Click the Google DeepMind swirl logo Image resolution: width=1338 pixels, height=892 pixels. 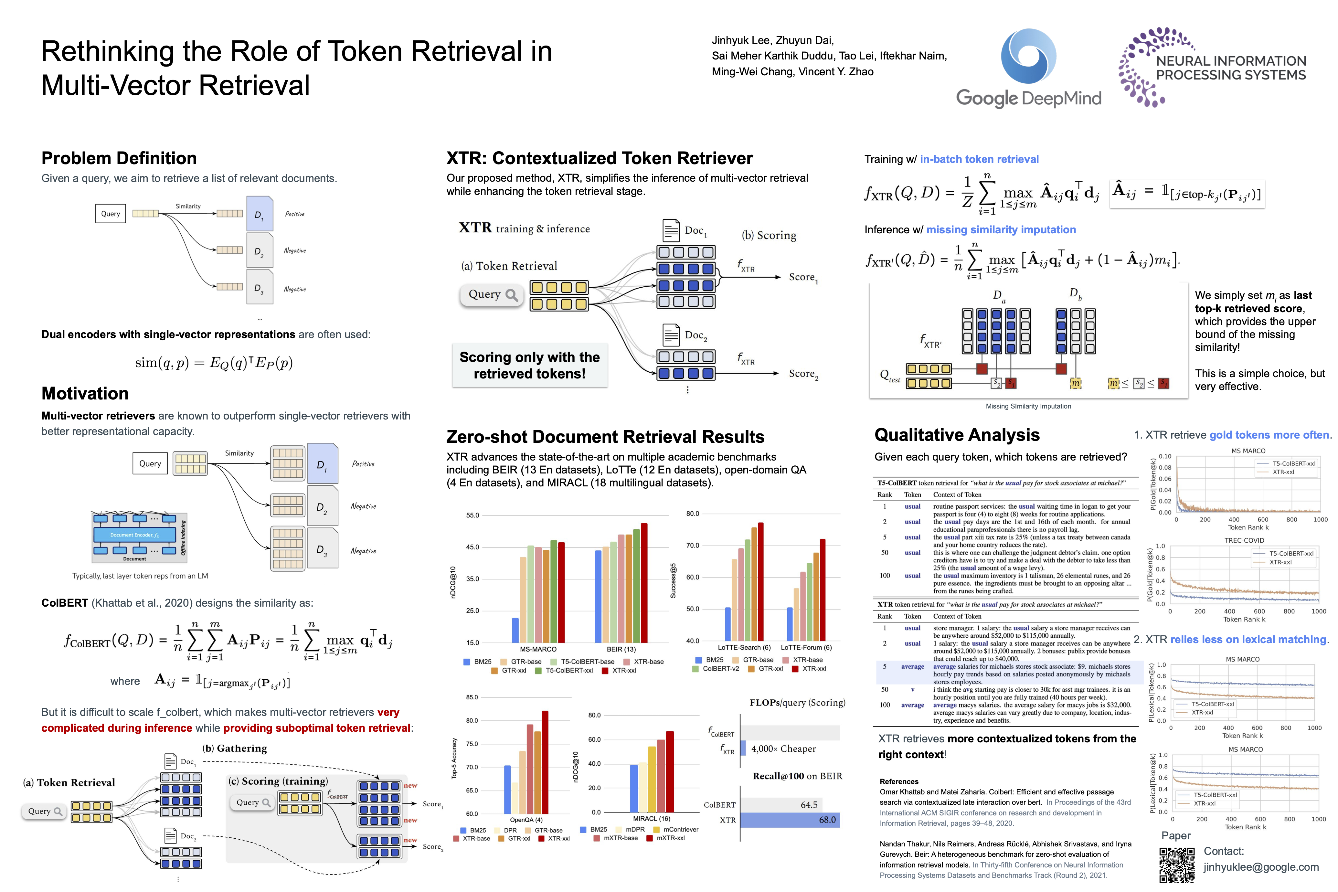(1028, 57)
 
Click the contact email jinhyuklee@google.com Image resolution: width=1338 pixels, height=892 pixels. (1261, 867)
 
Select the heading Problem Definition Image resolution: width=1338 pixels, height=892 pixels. (119, 158)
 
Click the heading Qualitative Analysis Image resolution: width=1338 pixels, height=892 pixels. (957, 435)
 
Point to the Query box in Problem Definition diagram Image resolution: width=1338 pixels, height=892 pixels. (110, 214)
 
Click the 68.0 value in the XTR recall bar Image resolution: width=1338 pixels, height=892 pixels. (827, 820)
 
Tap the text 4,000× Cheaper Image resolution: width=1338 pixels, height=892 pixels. (783, 749)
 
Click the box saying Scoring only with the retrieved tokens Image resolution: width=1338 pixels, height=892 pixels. (530, 365)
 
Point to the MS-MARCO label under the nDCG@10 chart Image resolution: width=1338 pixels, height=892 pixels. (538, 649)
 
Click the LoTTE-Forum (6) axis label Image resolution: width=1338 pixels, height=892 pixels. (806, 647)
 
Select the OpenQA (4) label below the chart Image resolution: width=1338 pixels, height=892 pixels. (526, 820)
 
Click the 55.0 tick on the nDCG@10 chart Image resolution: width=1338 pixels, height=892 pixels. (473, 515)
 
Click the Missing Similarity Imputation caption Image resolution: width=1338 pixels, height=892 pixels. (1028, 406)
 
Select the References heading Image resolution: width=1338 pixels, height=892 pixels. (899, 782)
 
